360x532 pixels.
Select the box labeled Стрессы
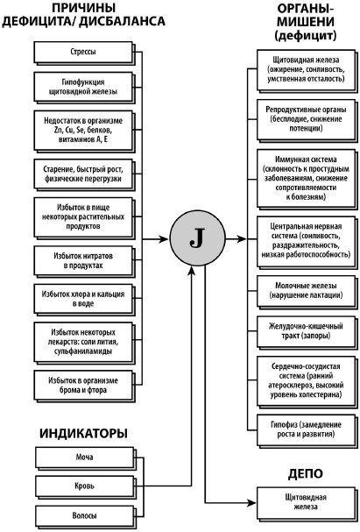click(x=83, y=52)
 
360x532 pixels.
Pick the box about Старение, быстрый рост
click(x=83, y=173)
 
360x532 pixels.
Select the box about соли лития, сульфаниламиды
click(x=83, y=340)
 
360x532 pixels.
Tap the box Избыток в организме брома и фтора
click(x=83, y=384)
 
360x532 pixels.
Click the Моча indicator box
click(x=83, y=457)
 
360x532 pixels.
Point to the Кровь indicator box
click(x=83, y=485)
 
